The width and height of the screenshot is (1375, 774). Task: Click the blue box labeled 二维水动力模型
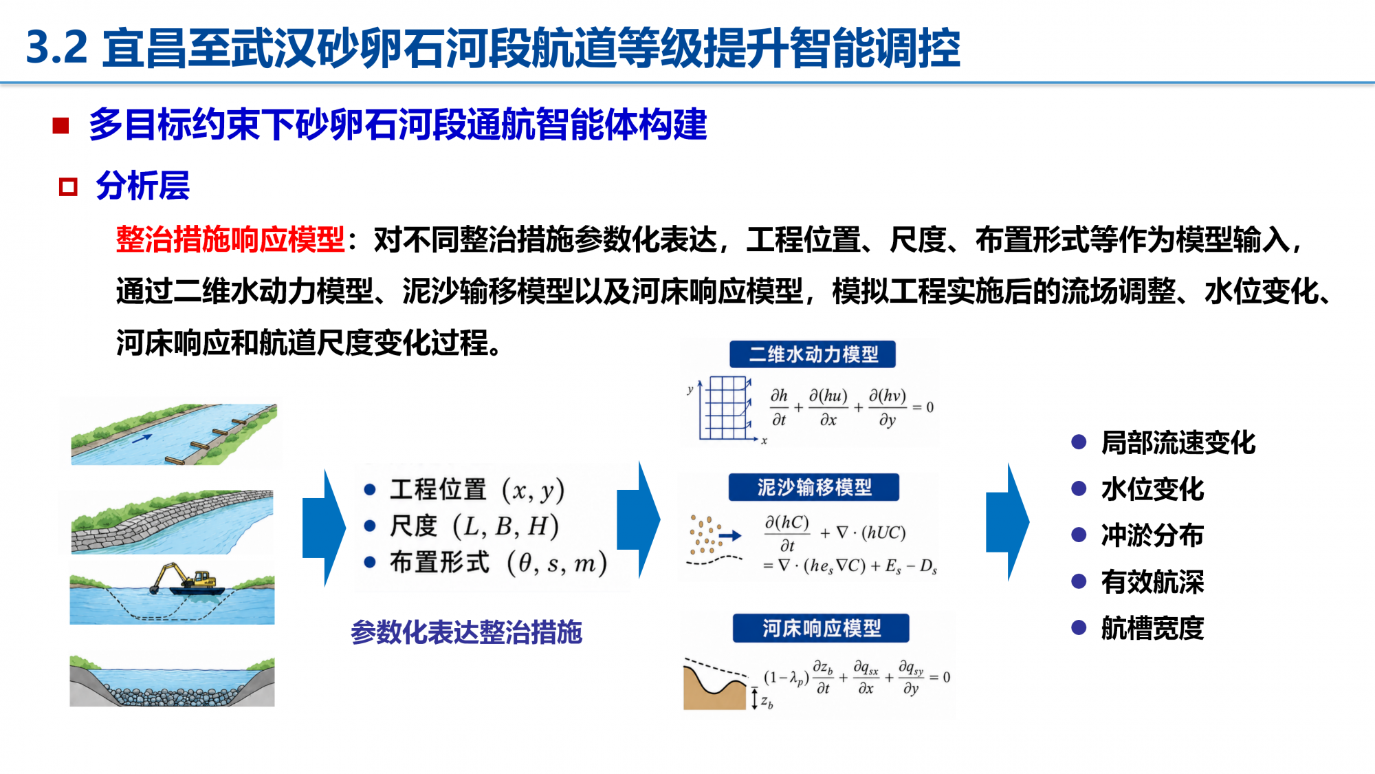point(813,354)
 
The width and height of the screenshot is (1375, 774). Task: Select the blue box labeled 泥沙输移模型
point(814,487)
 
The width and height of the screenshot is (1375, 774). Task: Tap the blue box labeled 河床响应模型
point(821,628)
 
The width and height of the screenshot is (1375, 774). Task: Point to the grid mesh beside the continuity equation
point(725,407)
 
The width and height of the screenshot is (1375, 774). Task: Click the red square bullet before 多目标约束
point(60,125)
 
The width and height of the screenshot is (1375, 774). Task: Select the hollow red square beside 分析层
point(68,186)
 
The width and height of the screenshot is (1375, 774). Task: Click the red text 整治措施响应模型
point(230,239)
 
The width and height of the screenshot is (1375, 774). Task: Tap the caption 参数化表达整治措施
point(467,632)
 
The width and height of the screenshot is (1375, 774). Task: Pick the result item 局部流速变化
point(1178,442)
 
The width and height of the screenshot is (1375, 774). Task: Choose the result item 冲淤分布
point(1152,535)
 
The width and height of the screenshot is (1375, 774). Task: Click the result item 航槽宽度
point(1152,627)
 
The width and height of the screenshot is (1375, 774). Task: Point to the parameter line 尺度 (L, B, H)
point(474,526)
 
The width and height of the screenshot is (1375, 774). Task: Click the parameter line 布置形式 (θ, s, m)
point(498,563)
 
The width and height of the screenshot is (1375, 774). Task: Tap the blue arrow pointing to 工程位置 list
point(324,528)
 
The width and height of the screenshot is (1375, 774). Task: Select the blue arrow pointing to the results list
point(1007,522)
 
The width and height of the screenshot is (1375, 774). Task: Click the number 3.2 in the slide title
point(57,48)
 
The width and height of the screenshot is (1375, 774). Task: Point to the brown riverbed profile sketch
point(715,684)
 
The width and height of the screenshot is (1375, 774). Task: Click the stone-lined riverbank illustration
point(172,522)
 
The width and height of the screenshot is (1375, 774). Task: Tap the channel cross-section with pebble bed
point(172,680)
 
